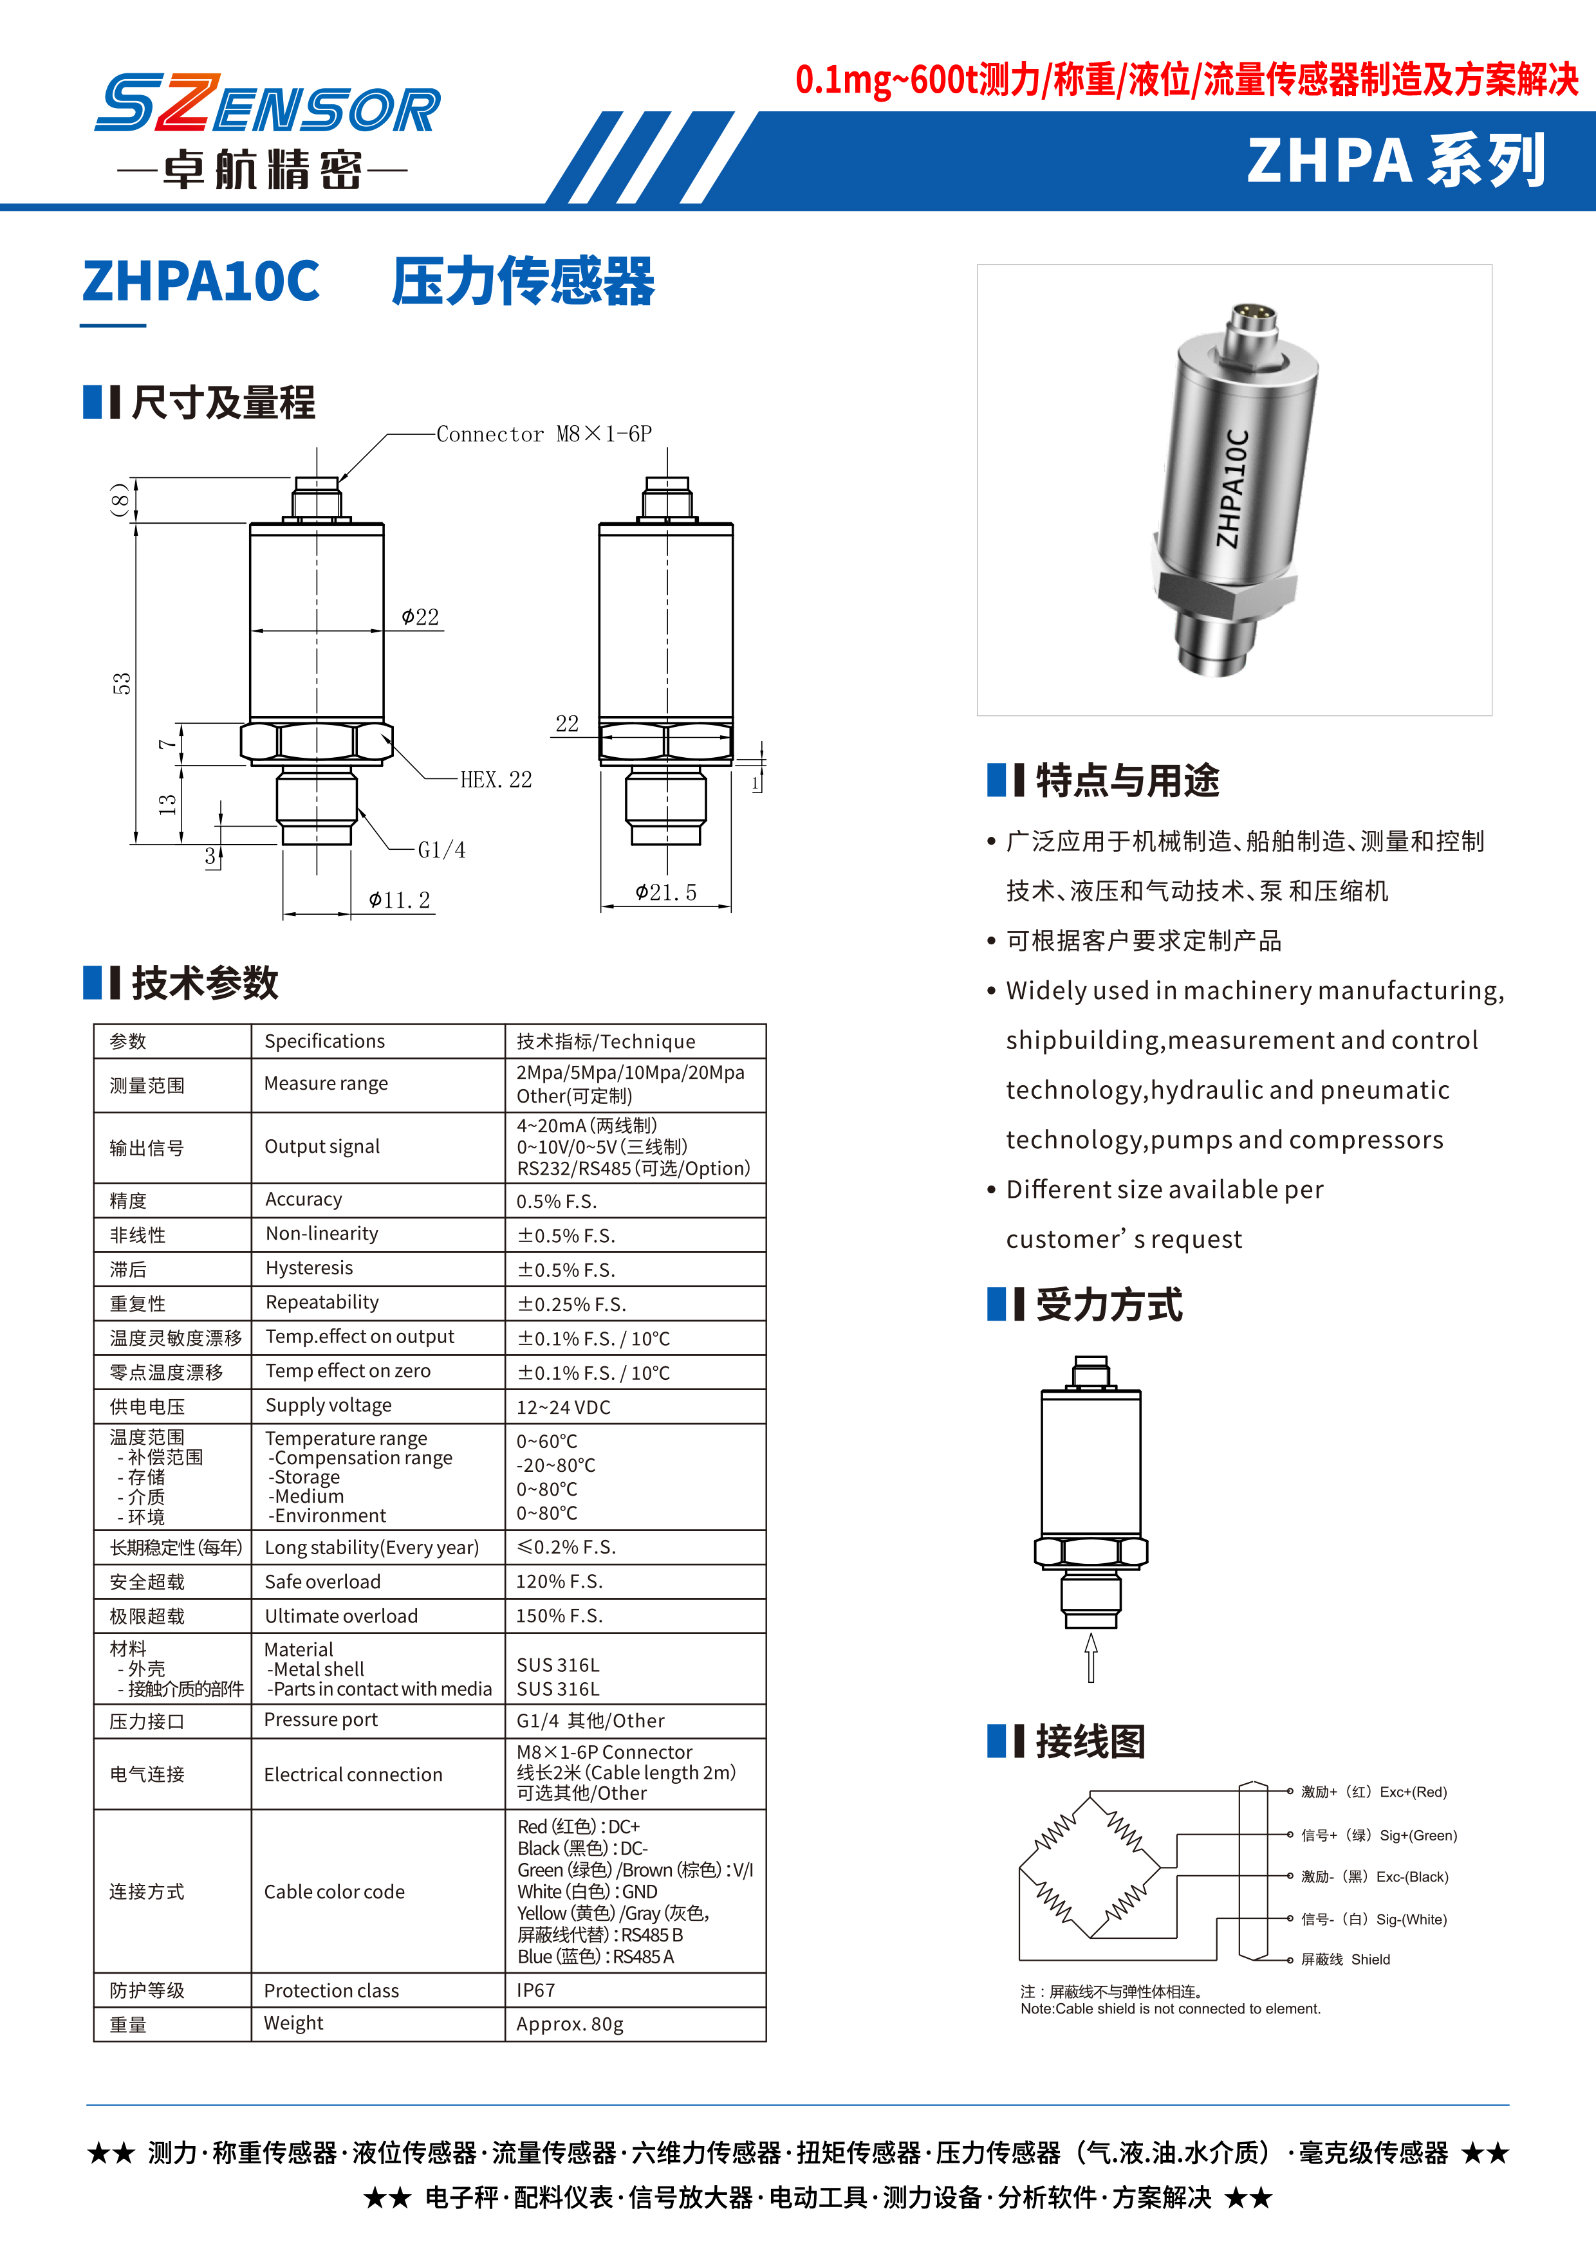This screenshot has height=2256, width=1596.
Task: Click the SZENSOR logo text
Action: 267,104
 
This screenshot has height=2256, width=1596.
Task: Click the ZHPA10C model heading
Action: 201,281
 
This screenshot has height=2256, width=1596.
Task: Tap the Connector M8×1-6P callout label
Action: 543,434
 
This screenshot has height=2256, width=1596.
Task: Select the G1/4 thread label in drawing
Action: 441,850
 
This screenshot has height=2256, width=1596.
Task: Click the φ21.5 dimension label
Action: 665,892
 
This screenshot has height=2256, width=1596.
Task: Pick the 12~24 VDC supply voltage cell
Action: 563,1407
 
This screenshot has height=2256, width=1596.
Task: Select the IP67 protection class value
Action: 535,1990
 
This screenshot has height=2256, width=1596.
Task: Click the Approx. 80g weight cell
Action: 570,2024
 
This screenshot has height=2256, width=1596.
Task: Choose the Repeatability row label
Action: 322,1302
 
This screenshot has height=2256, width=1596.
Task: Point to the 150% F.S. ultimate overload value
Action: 559,1615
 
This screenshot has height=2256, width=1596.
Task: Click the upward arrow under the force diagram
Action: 1091,1658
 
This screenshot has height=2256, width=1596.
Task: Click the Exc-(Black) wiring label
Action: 1375,1876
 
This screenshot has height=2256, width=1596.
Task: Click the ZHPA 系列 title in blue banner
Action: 1395,161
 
